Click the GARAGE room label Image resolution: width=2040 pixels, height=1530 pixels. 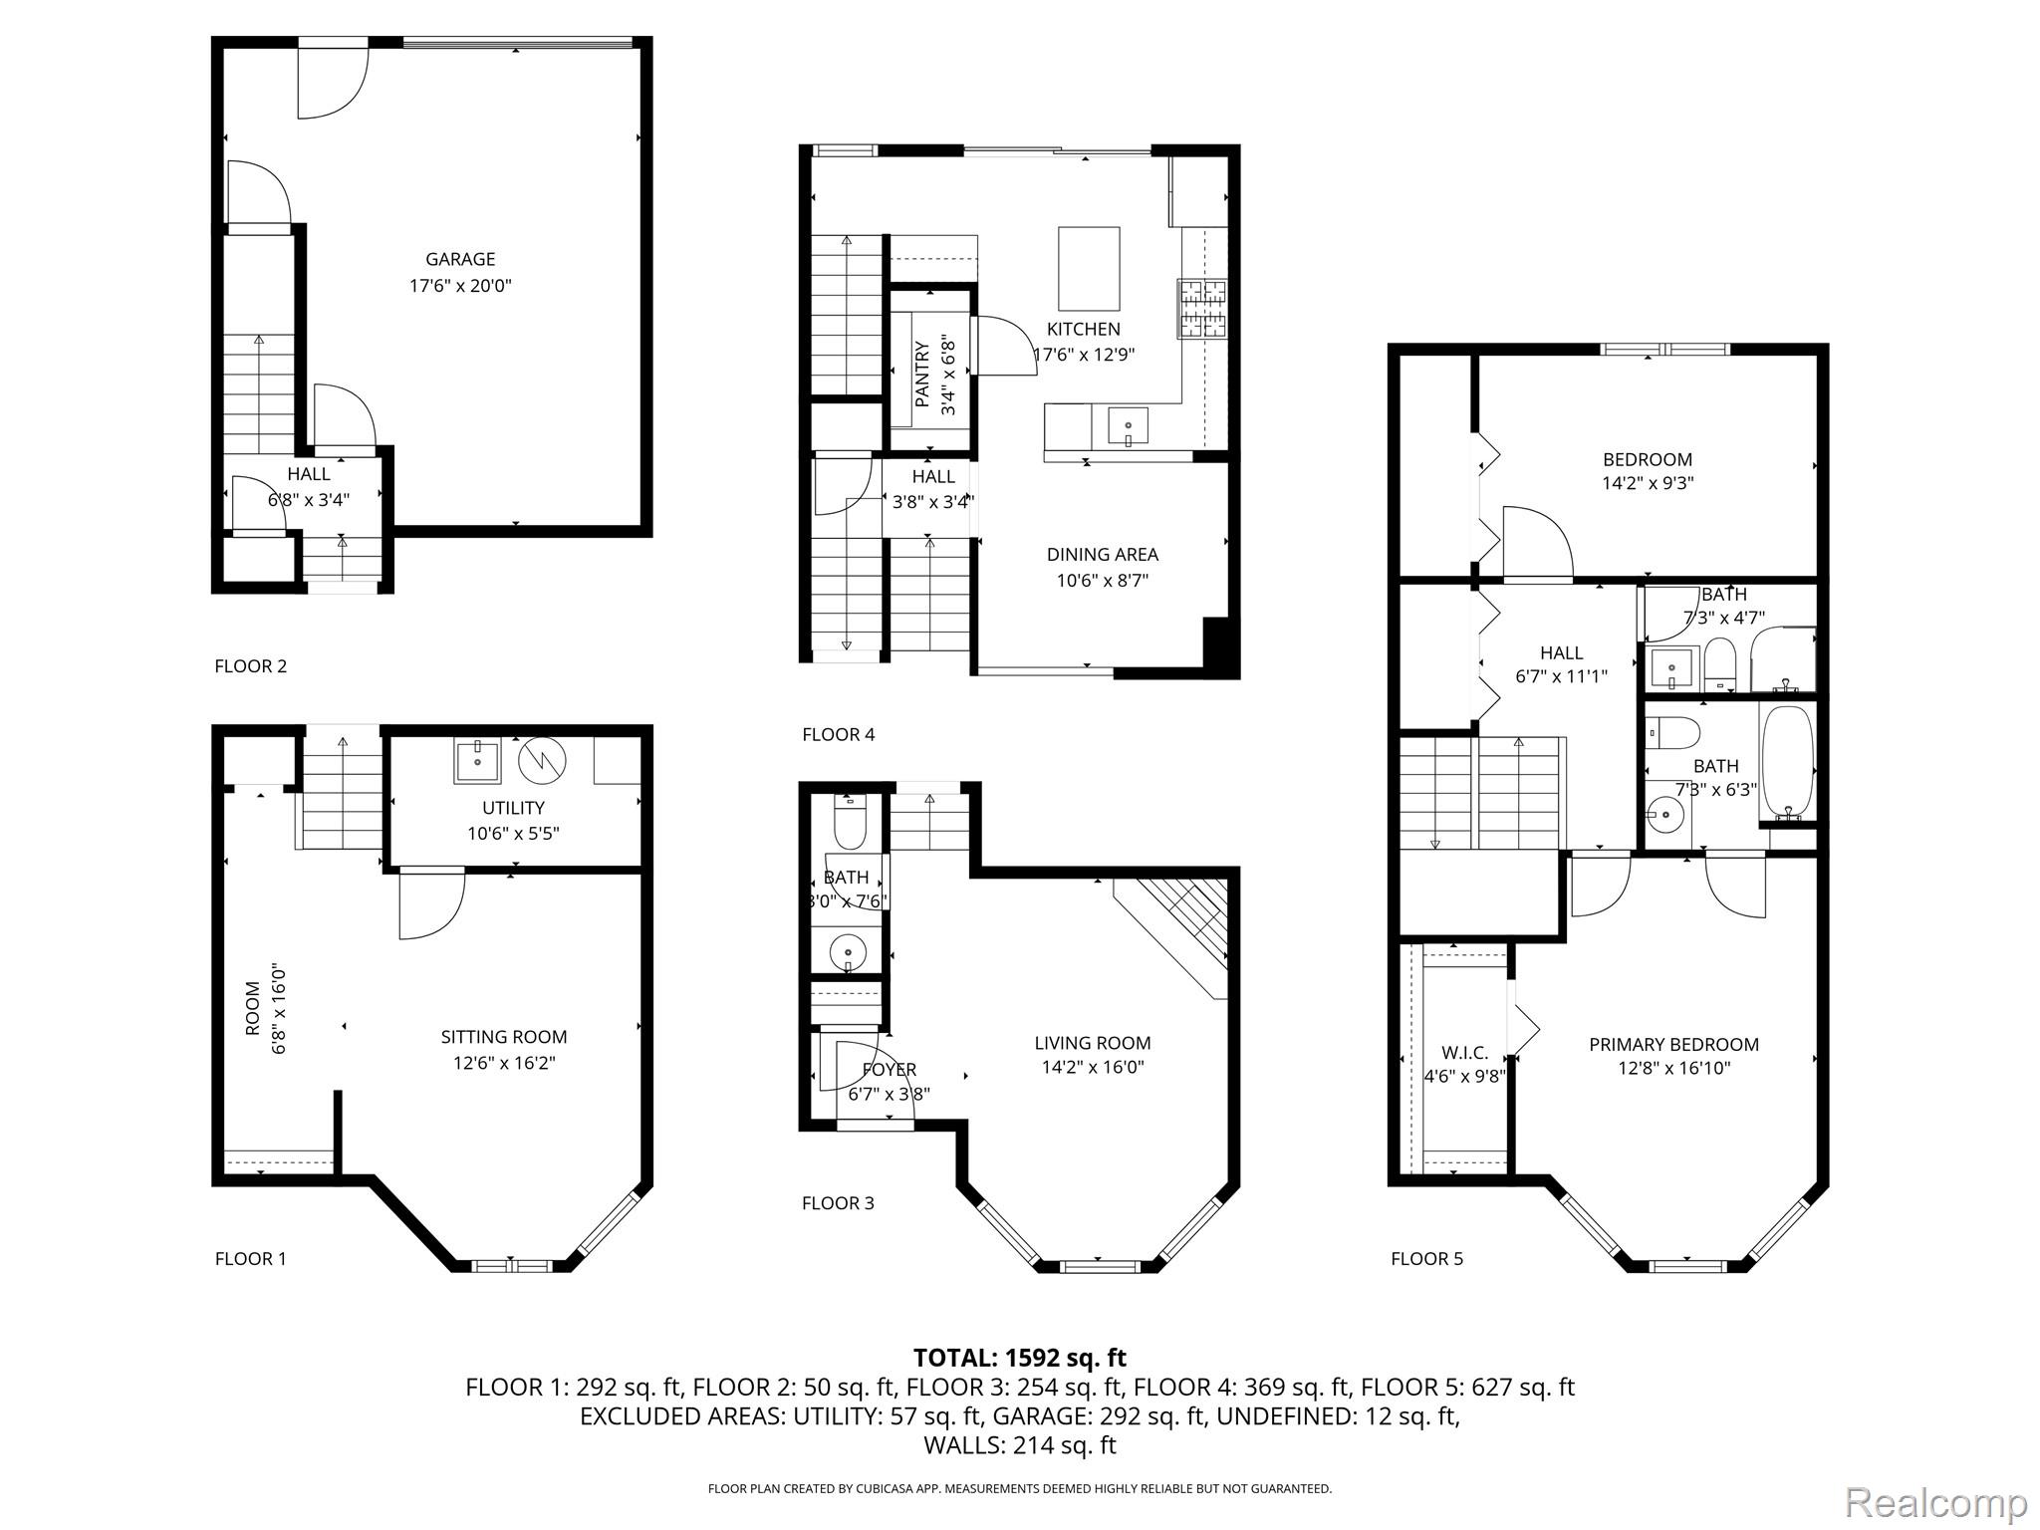pos(460,259)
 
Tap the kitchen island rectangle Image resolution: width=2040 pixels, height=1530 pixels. pos(1088,269)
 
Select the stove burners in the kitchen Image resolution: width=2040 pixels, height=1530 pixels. pos(1203,308)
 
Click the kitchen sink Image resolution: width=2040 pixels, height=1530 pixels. pos(1128,427)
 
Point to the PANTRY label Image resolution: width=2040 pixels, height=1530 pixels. pos(922,375)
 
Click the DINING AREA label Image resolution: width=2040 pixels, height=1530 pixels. pos(1103,555)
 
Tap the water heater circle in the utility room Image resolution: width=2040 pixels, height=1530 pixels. pos(542,761)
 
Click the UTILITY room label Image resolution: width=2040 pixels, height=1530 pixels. pos(513,808)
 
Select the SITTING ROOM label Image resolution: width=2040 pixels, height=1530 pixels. pos(504,1037)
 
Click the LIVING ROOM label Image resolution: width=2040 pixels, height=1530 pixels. pos(1093,1043)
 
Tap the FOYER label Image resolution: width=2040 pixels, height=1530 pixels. pos(890,1070)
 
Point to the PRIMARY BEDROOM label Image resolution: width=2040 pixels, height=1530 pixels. pos(1674,1044)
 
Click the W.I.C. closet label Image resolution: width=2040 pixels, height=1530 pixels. pos(1465,1053)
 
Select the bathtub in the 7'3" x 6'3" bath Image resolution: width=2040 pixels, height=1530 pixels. pos(1788,763)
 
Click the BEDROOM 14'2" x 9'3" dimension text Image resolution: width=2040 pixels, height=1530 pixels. pos(1648,483)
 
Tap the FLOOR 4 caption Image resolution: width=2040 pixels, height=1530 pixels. pos(839,734)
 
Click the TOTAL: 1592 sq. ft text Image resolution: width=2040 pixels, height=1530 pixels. pos(1020,1358)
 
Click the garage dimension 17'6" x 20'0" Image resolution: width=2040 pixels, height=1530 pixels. pos(460,286)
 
